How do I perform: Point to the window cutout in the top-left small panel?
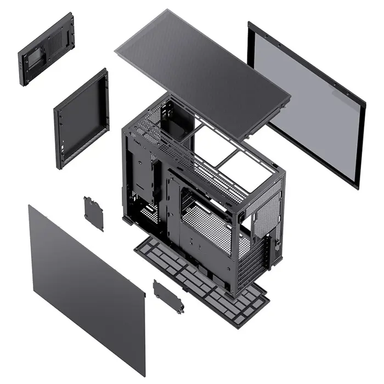[35, 56]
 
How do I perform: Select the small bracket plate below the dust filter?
[168, 296]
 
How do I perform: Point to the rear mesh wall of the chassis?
[266, 217]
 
